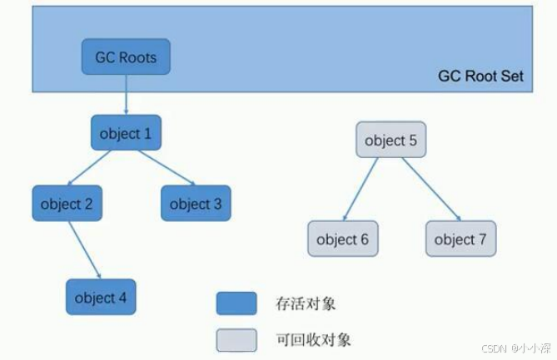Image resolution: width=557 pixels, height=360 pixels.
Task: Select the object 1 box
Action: coord(126,133)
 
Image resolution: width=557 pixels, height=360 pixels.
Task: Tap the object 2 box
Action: coord(67,204)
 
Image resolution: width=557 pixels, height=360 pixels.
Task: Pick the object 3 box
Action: coord(196,204)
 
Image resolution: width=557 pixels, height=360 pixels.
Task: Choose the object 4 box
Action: coord(101,298)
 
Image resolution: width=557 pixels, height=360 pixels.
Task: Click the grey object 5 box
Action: coord(390,141)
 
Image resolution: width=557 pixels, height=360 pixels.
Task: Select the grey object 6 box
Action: coord(342,239)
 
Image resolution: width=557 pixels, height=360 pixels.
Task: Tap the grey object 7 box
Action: coord(460,239)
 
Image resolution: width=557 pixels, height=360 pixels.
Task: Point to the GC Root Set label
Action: coord(480,76)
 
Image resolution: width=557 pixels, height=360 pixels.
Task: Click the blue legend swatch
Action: coord(236,303)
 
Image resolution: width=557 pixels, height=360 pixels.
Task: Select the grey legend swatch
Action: coord(236,339)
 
